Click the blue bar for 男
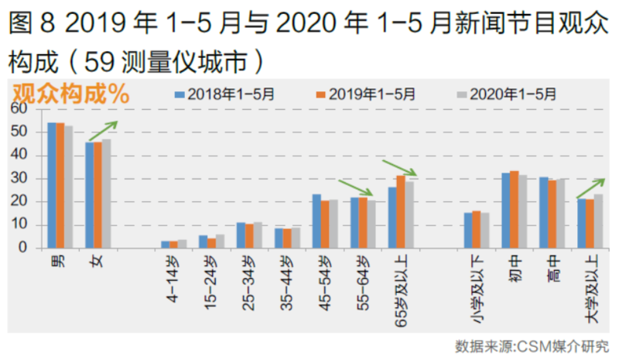(x=51, y=186)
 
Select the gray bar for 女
(x=107, y=194)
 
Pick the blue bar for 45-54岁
(x=316, y=221)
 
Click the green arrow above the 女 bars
(x=104, y=130)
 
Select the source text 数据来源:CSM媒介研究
(x=532, y=345)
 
